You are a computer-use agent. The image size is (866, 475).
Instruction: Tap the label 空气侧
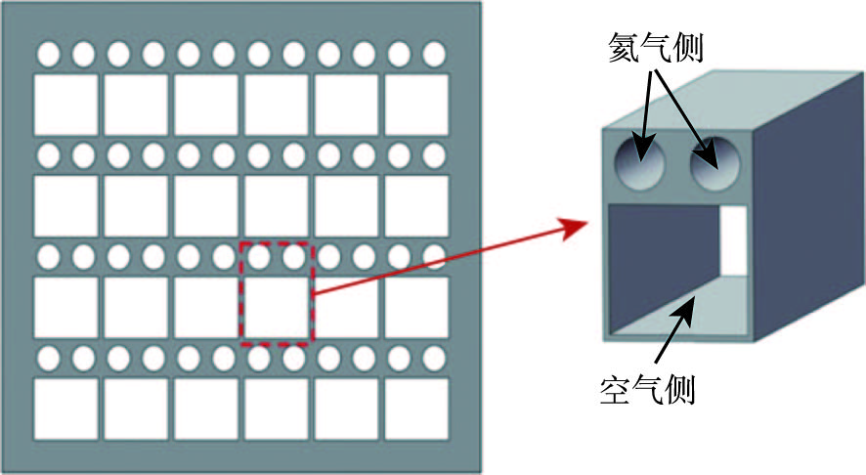pyautogui.click(x=646, y=389)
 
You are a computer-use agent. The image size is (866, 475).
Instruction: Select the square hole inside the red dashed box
pyautogui.click(x=276, y=308)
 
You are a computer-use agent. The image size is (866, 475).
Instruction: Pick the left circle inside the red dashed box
pyautogui.click(x=258, y=256)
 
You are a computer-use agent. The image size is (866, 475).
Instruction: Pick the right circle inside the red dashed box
pyautogui.click(x=293, y=256)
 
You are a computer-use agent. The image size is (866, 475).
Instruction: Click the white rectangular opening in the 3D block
pyautogui.click(x=732, y=240)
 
